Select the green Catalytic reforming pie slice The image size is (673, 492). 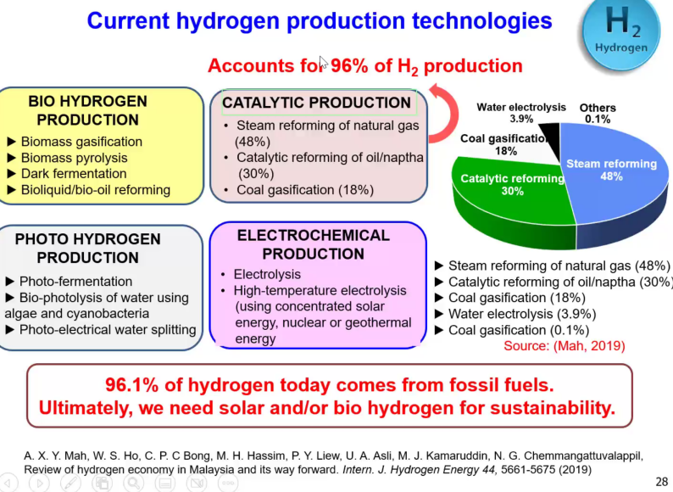511,198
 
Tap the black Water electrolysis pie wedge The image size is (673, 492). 552,137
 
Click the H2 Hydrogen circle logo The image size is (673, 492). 621,32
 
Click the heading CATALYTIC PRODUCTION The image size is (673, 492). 316,103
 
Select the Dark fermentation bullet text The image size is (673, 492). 74,174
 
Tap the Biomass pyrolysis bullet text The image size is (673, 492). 74,158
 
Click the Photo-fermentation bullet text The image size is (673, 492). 75,282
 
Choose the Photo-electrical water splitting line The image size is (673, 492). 101,330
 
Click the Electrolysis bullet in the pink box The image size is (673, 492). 267,274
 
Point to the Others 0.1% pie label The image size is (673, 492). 598,114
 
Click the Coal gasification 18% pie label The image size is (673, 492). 505,145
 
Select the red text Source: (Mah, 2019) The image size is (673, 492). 564,346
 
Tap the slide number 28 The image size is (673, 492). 661,482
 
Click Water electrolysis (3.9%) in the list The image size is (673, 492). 522,314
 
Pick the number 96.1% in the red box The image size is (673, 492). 131,385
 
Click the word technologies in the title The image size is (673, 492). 482,21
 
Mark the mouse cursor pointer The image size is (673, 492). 323,62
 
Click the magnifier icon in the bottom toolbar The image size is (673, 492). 134,483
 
